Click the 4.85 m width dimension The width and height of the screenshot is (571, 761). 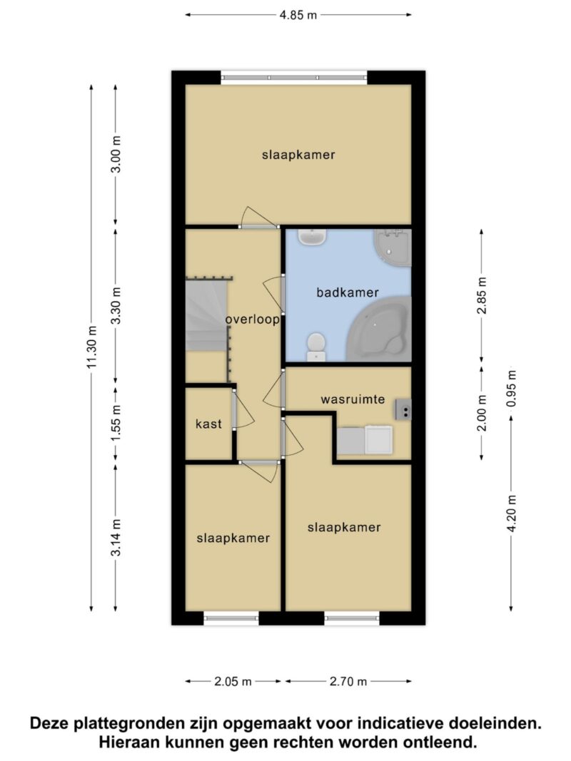(298, 15)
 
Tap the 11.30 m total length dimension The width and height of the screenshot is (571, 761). (92, 347)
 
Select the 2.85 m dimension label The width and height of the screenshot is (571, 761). (482, 295)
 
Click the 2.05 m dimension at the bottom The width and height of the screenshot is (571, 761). (233, 681)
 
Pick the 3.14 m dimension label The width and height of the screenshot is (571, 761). (116, 538)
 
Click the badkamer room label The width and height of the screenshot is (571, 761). (347, 292)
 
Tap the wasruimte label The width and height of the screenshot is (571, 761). (353, 399)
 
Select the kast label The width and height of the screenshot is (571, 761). (209, 424)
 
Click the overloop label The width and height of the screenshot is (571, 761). (252, 320)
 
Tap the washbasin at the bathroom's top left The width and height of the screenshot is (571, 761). (312, 238)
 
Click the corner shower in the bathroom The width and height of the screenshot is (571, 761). (393, 247)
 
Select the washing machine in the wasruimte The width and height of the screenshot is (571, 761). (379, 440)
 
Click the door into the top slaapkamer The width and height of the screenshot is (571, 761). (260, 218)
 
